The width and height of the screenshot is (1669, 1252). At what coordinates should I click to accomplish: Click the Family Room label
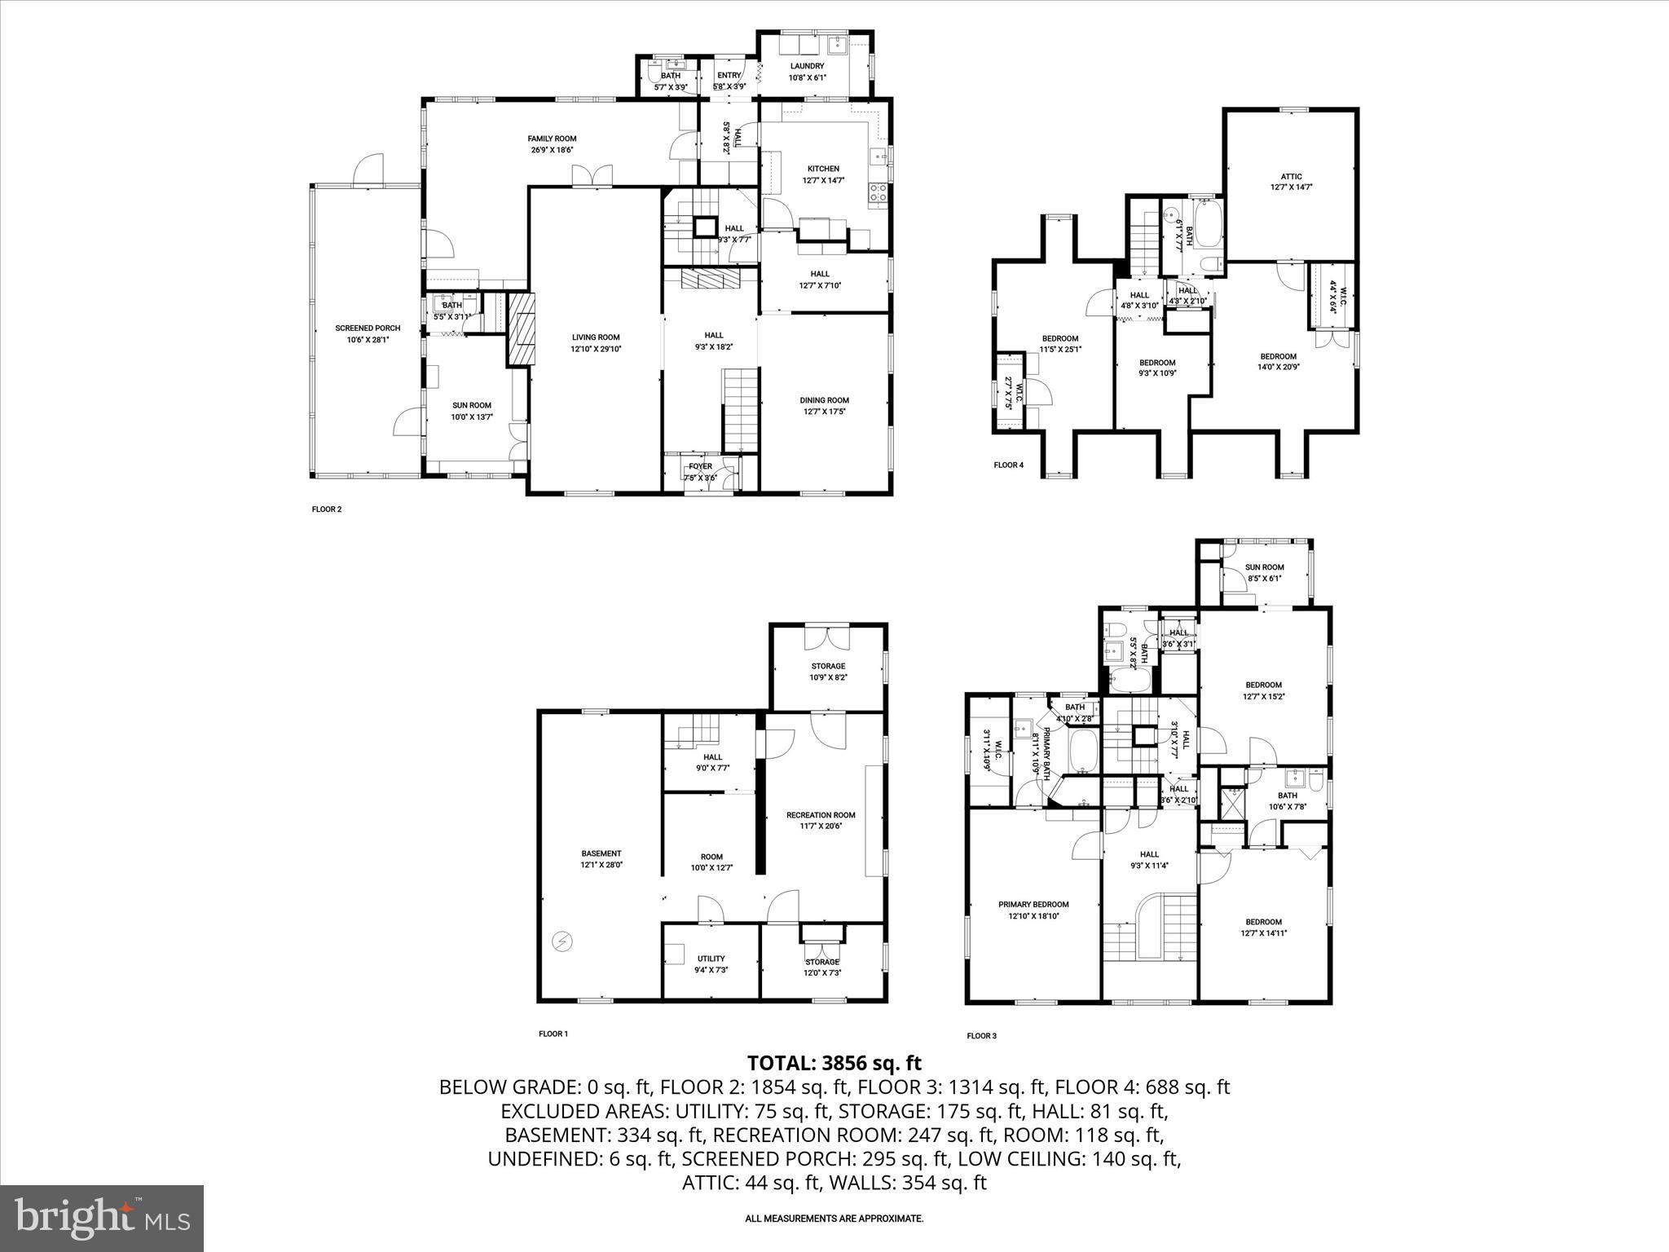tap(552, 139)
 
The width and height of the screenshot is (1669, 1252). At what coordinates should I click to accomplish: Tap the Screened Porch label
tap(368, 328)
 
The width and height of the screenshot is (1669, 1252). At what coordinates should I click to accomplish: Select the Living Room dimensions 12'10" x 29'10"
tap(596, 349)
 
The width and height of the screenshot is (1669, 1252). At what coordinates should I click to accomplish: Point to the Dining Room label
tap(824, 400)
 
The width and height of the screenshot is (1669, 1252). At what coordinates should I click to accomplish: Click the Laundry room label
tap(807, 66)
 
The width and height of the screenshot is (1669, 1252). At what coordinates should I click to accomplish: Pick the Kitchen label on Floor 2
tap(823, 169)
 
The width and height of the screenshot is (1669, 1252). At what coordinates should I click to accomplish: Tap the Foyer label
tap(700, 466)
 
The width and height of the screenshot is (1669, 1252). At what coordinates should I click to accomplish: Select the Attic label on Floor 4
tap(1291, 176)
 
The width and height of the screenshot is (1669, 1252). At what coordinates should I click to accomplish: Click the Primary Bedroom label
tap(1033, 904)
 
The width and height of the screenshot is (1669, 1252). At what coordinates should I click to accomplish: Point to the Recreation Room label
tap(820, 814)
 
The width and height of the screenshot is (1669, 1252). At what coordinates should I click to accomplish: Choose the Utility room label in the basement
tap(711, 959)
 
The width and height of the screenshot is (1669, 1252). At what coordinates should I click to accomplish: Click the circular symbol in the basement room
tap(561, 942)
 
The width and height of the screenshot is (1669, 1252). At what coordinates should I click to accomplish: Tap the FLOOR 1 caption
tap(553, 1034)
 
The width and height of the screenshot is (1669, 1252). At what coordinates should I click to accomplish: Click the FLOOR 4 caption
tap(1008, 465)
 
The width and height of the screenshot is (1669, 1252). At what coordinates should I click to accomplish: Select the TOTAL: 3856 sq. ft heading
tap(834, 1063)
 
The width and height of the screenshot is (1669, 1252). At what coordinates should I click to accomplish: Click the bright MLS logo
tap(102, 1218)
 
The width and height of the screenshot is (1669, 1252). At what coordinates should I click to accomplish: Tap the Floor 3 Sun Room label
tap(1264, 567)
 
